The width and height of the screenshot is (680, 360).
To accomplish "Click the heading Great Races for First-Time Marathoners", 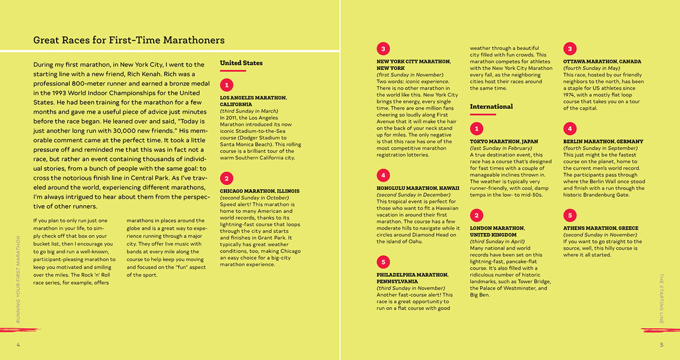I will [129, 40].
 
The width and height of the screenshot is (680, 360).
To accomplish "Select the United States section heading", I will [241, 63].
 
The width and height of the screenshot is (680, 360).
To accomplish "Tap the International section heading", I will [491, 107].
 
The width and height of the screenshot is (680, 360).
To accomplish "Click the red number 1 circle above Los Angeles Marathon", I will [227, 85].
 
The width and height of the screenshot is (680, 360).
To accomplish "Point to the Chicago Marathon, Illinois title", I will [260, 191].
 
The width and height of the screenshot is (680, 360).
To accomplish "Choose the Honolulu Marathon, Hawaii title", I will [417, 188].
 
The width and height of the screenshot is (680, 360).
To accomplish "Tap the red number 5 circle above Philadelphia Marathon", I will [384, 261].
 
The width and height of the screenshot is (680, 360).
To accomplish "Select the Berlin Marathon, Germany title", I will [603, 141].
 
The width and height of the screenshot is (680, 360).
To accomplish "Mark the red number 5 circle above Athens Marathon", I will [570, 215].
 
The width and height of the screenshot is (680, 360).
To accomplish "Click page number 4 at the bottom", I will [18, 345].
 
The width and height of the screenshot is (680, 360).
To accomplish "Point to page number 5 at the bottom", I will [661, 345].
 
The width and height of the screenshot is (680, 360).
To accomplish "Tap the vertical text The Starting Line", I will [661, 298].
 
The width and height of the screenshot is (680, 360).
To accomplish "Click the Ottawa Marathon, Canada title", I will [602, 61].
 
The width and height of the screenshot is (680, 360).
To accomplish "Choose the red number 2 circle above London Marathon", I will [477, 215].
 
